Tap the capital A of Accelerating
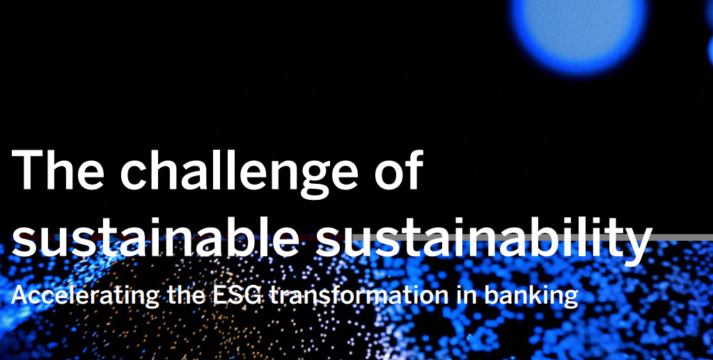pyautogui.click(x=20, y=295)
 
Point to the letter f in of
pyautogui.click(x=413, y=169)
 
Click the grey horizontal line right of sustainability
pyautogui.click(x=683, y=237)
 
